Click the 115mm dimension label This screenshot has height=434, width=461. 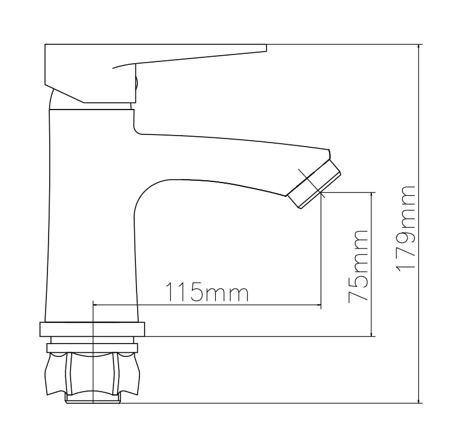(207, 292)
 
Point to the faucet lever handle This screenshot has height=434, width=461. (155, 74)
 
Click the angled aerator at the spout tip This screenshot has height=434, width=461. (314, 184)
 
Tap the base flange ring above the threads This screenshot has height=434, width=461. (93, 330)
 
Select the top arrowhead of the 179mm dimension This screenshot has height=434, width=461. (419, 47)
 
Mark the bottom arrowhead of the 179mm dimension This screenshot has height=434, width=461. (419, 400)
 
